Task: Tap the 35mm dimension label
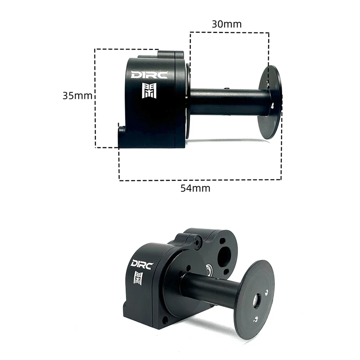(x=78, y=95)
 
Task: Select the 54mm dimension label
(x=195, y=188)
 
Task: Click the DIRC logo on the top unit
(x=149, y=75)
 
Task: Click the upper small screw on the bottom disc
(x=267, y=292)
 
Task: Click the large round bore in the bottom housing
(x=224, y=257)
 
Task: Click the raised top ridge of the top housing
(x=160, y=55)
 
